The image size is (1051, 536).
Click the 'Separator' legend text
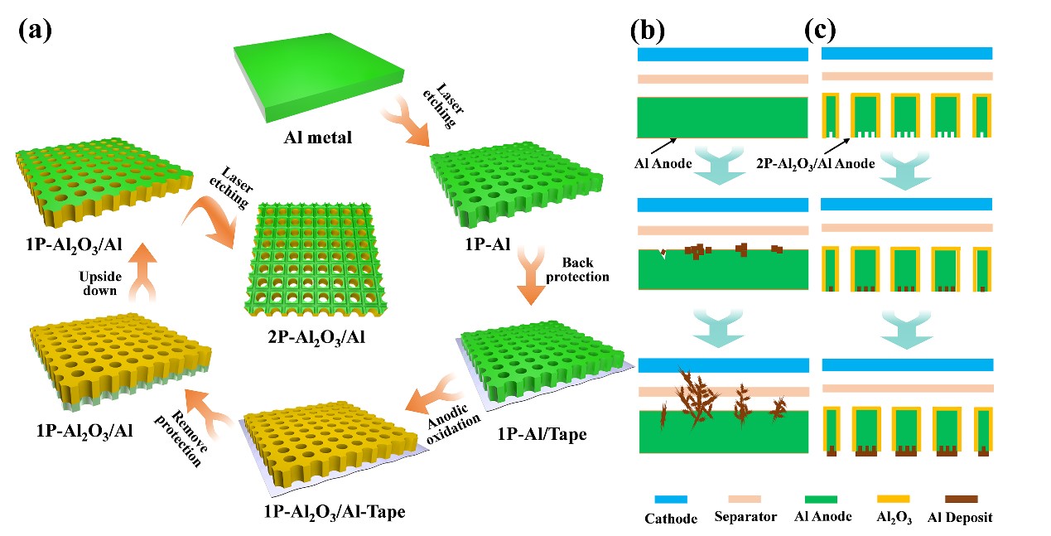point(745,518)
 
